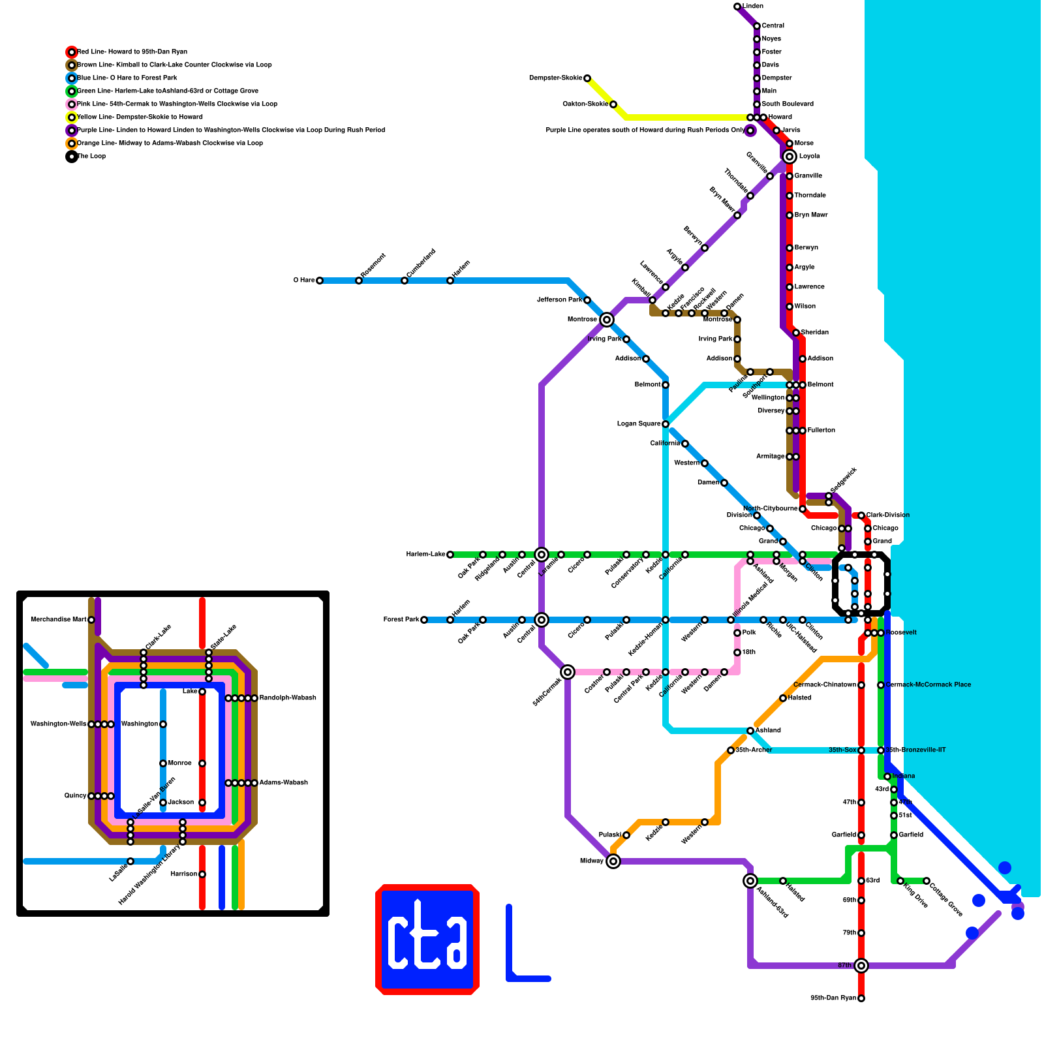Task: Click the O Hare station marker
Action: click(320, 281)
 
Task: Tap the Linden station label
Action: click(752, 7)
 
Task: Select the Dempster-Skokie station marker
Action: click(587, 78)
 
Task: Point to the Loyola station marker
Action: click(790, 157)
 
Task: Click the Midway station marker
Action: click(613, 861)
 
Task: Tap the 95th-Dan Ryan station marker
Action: click(861, 998)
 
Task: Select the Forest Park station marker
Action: click(424, 620)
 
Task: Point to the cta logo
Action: click(427, 940)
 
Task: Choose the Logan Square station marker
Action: click(666, 424)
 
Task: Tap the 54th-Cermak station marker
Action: click(568, 672)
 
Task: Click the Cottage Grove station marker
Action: click(927, 881)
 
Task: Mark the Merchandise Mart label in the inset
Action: click(59, 620)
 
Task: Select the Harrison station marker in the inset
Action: click(202, 874)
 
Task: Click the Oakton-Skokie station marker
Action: click(613, 104)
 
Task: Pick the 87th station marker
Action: click(861, 966)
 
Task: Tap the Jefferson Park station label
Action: click(559, 300)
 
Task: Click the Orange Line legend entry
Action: click(170, 144)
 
